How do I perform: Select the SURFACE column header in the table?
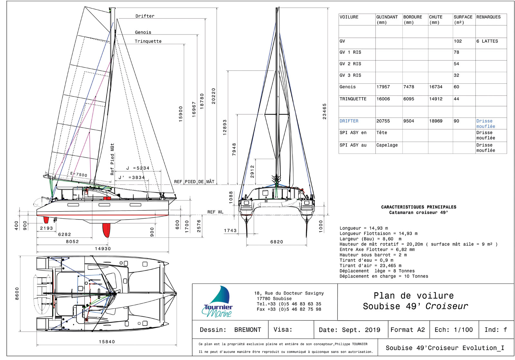463,17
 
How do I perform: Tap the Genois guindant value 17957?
383,87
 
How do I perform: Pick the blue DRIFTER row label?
349,121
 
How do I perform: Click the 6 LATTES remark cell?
487,41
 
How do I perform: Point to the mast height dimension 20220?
213,96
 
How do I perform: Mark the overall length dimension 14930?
103,249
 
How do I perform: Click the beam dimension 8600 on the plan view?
17,294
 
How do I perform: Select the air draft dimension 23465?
324,111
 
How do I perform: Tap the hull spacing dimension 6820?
276,242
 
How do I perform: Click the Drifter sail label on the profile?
145,16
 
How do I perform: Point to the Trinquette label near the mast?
148,41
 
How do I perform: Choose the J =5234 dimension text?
138,168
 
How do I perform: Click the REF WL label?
215,212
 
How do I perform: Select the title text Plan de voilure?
414,296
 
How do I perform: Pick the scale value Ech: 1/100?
454,330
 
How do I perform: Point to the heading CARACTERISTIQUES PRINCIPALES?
418,207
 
